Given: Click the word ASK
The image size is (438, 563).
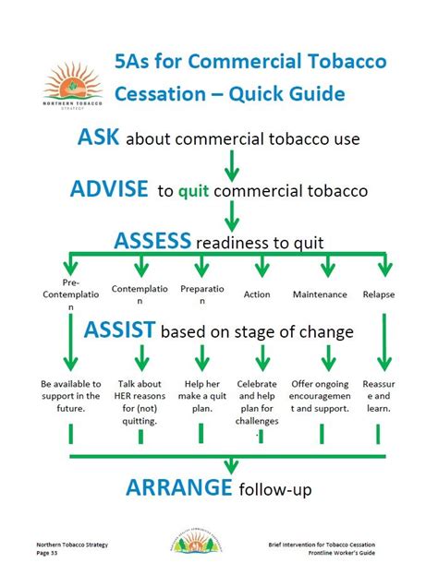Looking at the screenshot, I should click(x=97, y=138).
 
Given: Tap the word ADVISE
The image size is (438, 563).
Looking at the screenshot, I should click(x=108, y=189).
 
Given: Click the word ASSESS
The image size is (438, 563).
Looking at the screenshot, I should click(x=152, y=241).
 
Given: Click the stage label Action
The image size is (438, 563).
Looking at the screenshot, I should click(x=257, y=294).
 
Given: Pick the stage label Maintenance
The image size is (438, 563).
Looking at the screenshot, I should click(x=319, y=294).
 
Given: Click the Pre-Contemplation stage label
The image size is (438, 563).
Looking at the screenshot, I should click(x=70, y=294).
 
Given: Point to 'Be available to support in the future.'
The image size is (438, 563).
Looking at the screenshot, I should click(x=70, y=395).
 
